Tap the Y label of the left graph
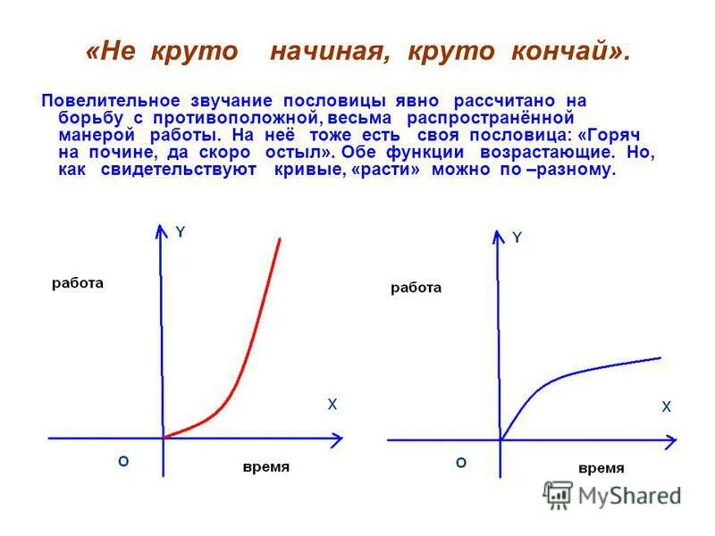point(180,232)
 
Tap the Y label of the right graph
point(517,238)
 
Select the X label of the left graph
point(332,405)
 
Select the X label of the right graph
point(666,406)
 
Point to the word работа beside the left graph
point(78,283)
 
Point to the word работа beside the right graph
point(416,288)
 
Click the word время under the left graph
point(266,467)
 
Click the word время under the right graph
point(601,468)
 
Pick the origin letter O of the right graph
point(460,463)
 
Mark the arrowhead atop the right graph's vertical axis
point(498,236)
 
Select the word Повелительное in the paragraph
point(110,101)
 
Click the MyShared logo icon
point(558,495)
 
